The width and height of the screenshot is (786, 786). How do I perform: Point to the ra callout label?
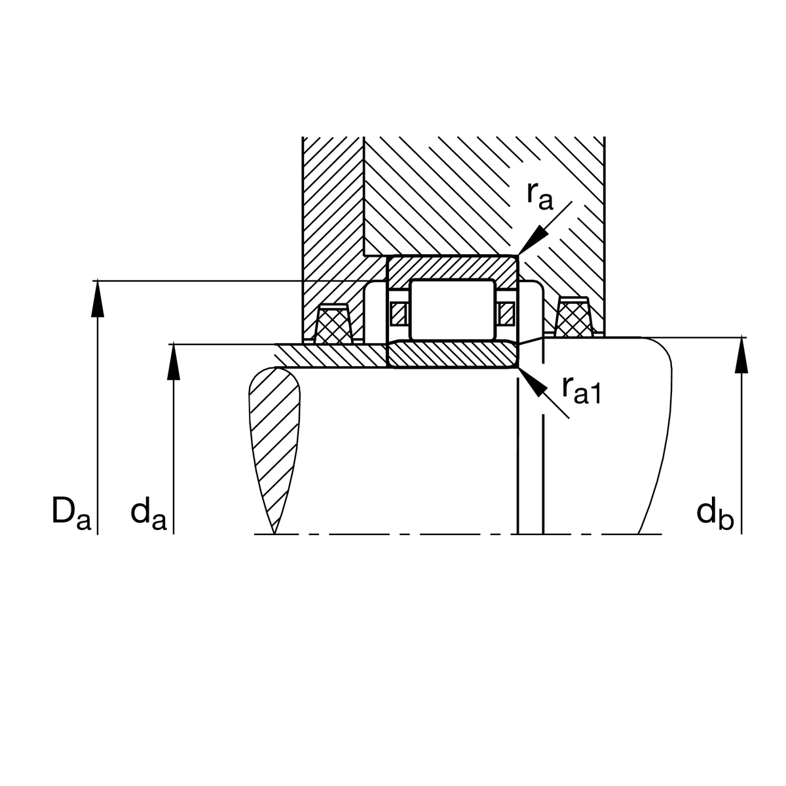point(540,196)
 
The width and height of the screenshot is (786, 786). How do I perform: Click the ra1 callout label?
point(581,391)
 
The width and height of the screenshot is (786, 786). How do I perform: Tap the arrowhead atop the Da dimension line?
point(98,298)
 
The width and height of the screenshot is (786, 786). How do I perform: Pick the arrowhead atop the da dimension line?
point(174,362)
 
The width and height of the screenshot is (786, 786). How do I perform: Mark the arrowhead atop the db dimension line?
point(741,354)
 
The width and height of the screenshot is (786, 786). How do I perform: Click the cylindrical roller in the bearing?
point(453,310)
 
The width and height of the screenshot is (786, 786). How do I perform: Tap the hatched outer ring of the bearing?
point(452,268)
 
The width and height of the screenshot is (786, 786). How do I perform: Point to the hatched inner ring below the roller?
point(452,354)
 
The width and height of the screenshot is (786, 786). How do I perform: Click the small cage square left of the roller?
point(398,314)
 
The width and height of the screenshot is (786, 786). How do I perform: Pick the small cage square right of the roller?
point(506,314)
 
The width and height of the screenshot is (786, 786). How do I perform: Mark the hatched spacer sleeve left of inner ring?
point(330,356)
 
